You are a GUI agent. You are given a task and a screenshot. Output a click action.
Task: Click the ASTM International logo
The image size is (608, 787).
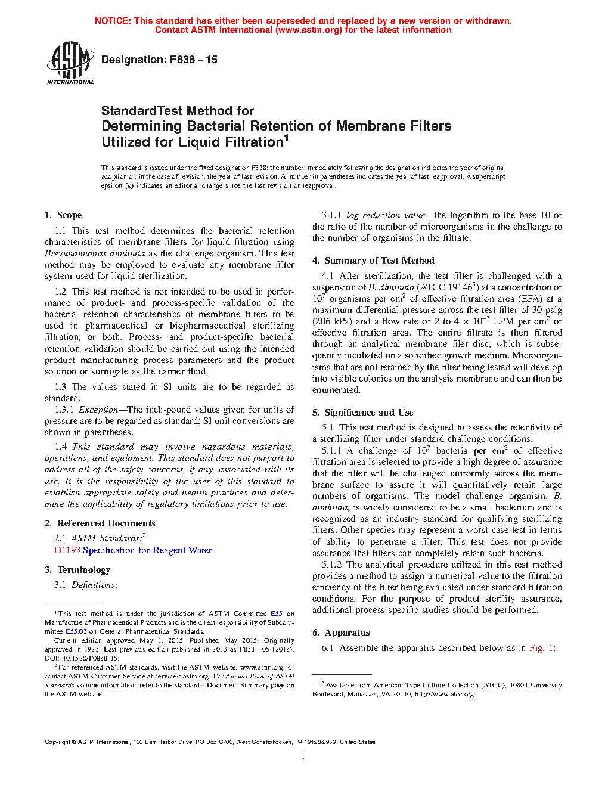click(x=70, y=62)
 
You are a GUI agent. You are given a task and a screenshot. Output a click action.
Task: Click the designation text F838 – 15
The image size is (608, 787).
click(x=159, y=60)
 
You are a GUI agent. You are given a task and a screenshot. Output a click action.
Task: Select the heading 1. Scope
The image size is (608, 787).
click(x=63, y=215)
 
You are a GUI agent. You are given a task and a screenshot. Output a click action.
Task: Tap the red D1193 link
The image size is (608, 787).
click(x=67, y=550)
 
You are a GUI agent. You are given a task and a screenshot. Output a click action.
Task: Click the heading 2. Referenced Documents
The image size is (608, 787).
click(x=100, y=523)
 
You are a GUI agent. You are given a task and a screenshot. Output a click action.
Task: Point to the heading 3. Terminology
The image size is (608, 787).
click(x=77, y=570)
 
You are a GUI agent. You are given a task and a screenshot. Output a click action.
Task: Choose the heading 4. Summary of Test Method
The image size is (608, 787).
click(x=373, y=261)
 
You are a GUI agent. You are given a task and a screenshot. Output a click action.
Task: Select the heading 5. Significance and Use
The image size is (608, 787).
click(x=362, y=413)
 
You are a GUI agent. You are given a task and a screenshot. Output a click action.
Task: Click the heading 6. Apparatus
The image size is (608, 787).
click(x=341, y=633)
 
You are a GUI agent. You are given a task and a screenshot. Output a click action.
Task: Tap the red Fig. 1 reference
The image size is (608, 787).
click(x=541, y=648)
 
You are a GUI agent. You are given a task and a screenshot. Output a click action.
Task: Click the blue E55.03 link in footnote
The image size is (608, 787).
click(x=76, y=631)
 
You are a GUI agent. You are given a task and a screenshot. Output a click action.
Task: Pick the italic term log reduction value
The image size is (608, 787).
click(x=386, y=215)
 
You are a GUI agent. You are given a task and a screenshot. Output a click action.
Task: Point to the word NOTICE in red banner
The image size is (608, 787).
click(x=113, y=21)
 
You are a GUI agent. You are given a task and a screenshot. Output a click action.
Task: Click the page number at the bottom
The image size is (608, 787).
click(x=303, y=757)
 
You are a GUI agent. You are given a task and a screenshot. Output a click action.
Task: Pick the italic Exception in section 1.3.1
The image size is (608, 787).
click(x=98, y=410)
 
